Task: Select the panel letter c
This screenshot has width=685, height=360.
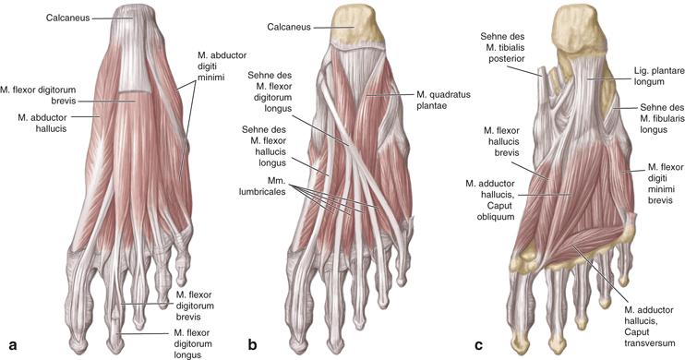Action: (477, 346)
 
